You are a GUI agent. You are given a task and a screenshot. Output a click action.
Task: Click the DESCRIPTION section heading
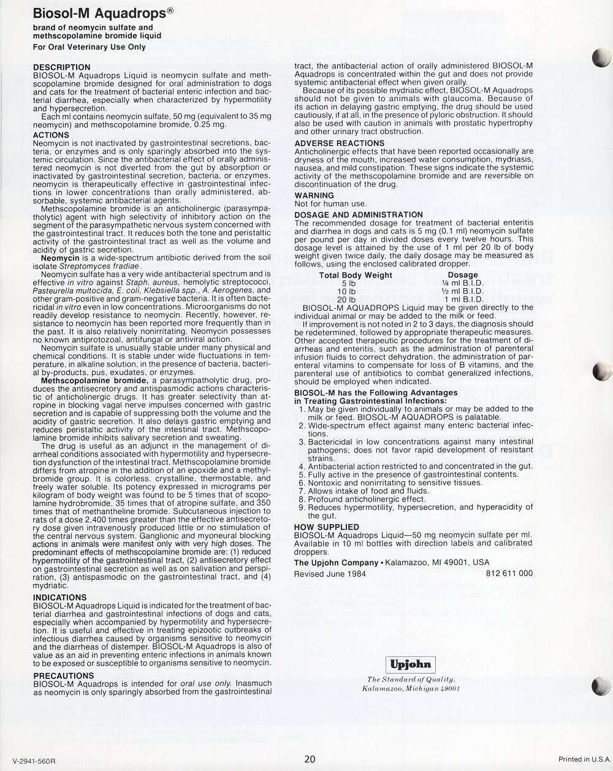pos(61,67)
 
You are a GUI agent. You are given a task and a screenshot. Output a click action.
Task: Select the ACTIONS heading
pos(51,135)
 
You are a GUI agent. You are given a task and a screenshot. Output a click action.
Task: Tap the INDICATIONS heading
pos(59,597)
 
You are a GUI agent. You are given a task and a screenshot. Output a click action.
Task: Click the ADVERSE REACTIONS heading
pos(339,143)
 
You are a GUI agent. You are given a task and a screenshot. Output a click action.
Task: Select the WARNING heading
pos(314,196)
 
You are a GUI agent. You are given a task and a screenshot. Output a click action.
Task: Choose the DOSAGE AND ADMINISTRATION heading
pos(359,215)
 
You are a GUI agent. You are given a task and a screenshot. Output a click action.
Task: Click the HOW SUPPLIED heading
pos(327,527)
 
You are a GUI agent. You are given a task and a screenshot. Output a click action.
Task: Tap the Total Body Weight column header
pos(356,275)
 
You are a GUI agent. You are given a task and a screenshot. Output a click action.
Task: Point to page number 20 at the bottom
pos(310,759)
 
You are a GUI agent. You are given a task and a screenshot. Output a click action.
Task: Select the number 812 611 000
pos(509,574)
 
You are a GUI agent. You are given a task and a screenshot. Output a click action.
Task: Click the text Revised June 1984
pos(330,574)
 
